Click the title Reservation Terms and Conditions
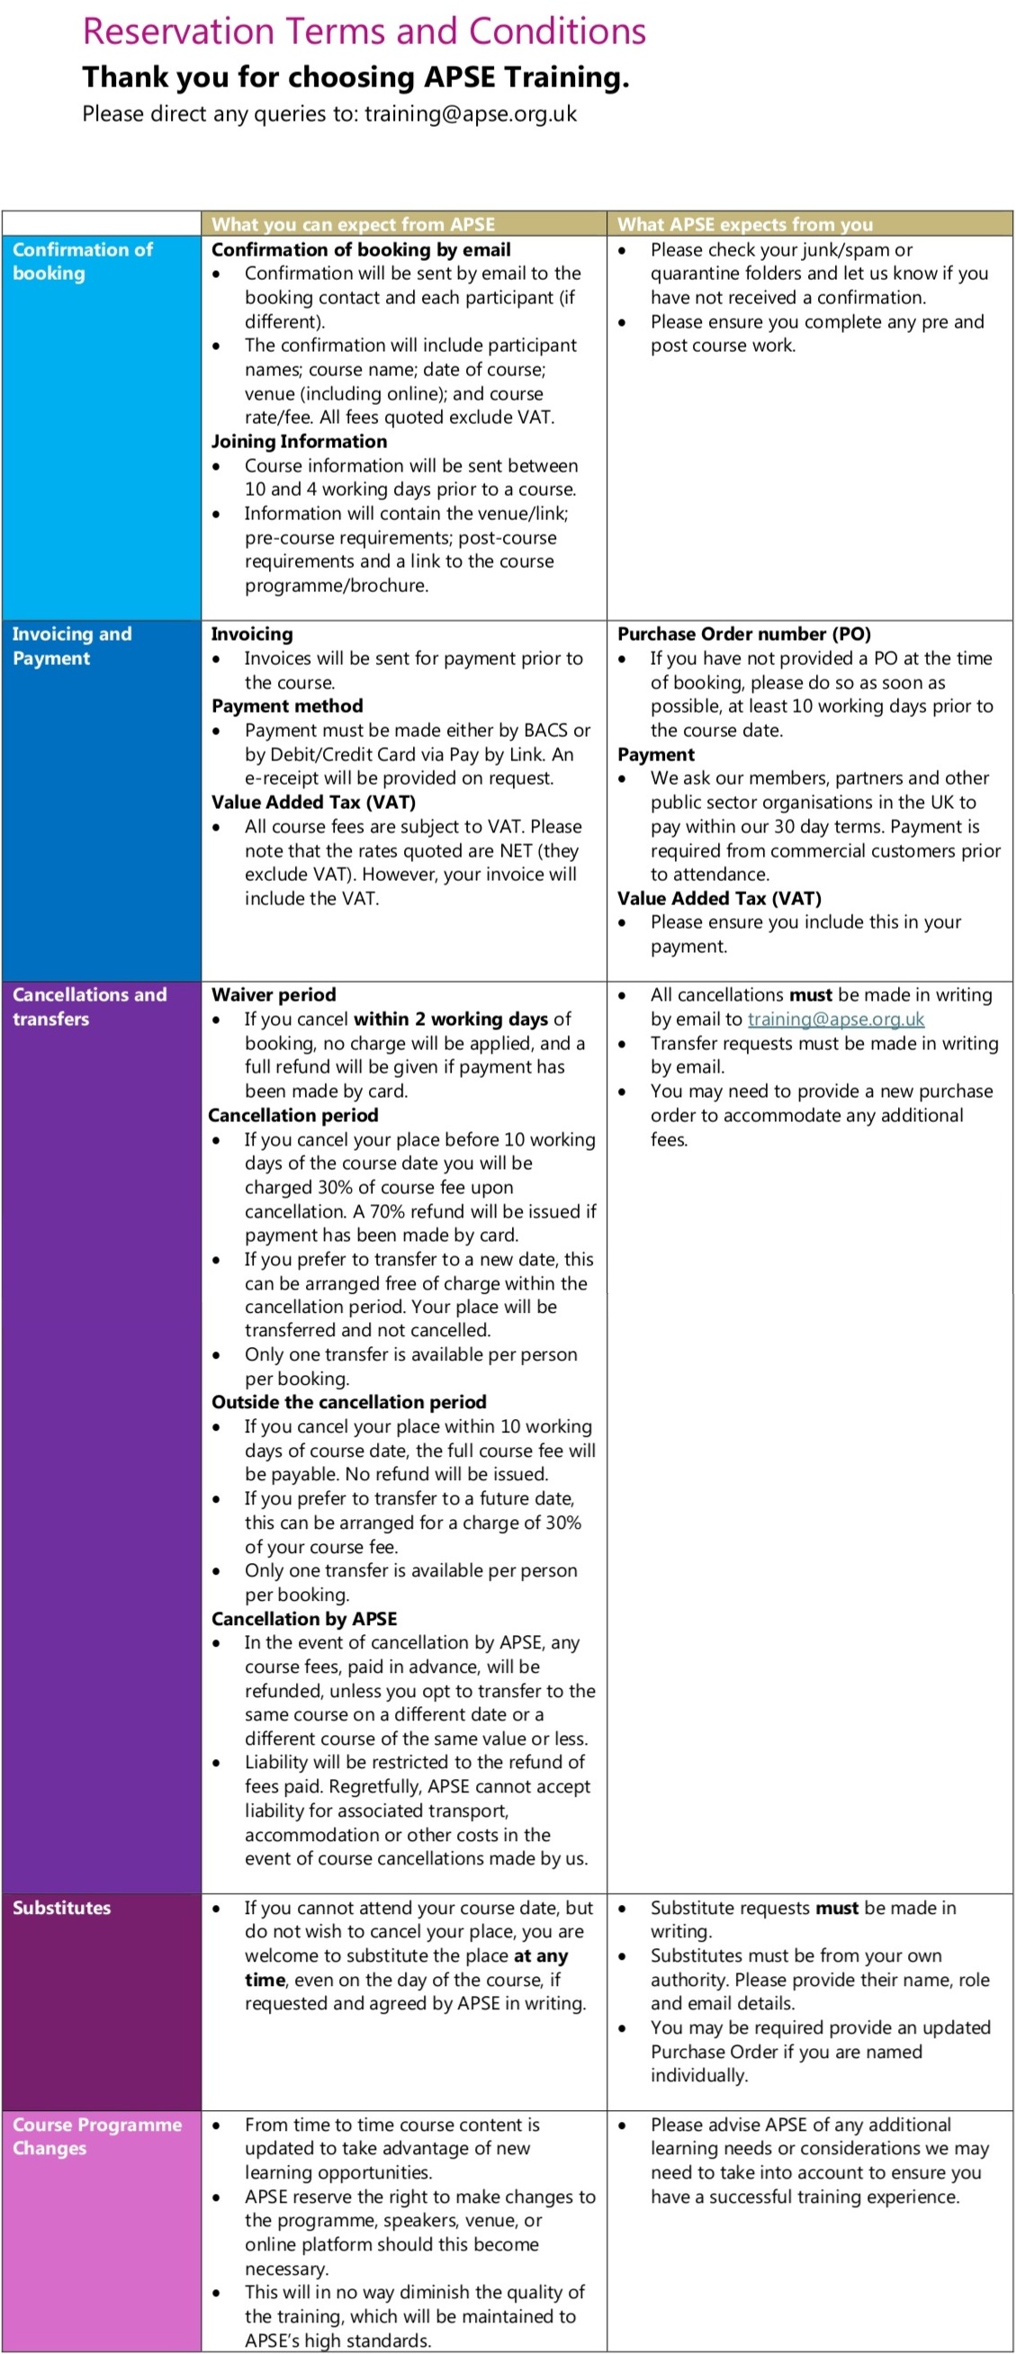[x=364, y=32]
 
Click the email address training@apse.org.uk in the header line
[x=471, y=114]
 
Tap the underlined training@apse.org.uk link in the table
[x=835, y=1019]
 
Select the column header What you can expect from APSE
[x=353, y=224]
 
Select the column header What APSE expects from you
[x=744, y=224]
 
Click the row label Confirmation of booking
[x=82, y=261]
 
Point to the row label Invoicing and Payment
[x=71, y=646]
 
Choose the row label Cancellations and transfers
[x=88, y=1006]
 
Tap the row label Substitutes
[x=61, y=1907]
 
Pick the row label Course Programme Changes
[x=96, y=2135]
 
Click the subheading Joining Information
[x=299, y=441]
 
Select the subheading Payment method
[x=287, y=705]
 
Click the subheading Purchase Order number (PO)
[x=743, y=633]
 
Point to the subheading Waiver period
[x=274, y=994]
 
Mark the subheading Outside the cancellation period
[x=348, y=1402]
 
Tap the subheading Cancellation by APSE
[x=303, y=1618]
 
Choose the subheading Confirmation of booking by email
[x=361, y=249]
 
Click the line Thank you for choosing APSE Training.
[x=355, y=76]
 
